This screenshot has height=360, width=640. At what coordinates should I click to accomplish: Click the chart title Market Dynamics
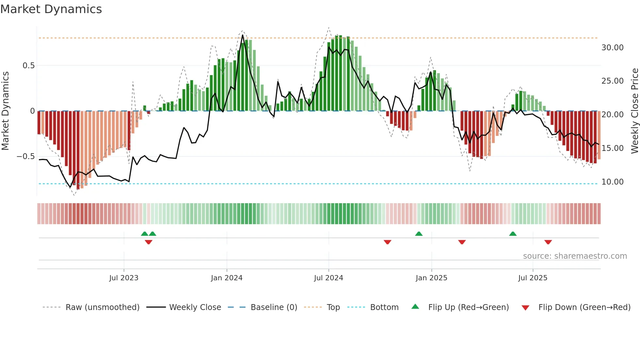pyautogui.click(x=51, y=9)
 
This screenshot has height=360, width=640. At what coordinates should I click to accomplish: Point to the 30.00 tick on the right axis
pyautogui.click(x=612, y=48)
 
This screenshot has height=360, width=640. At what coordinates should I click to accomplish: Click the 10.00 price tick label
pyautogui.click(x=612, y=182)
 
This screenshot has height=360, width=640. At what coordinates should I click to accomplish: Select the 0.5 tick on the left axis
pyautogui.click(x=28, y=66)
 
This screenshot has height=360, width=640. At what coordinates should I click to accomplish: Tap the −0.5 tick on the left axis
pyautogui.click(x=25, y=156)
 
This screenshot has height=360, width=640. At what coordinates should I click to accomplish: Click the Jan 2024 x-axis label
pyautogui.click(x=227, y=278)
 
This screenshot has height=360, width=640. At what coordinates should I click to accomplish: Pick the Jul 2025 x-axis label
pyautogui.click(x=533, y=278)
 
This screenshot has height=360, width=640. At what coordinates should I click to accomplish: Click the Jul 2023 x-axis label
pyautogui.click(x=124, y=278)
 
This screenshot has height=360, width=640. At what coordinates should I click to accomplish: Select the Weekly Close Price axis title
pyautogui.click(x=634, y=111)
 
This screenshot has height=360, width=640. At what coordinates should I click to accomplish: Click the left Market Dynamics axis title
pyautogui.click(x=5, y=111)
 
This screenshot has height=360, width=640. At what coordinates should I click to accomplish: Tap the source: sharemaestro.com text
pyautogui.click(x=575, y=256)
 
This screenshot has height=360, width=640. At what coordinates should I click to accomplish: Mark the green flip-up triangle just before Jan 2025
pyautogui.click(x=419, y=234)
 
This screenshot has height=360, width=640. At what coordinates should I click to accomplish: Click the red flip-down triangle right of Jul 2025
pyautogui.click(x=548, y=242)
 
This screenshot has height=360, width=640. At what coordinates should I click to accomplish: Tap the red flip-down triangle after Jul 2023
pyautogui.click(x=149, y=242)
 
